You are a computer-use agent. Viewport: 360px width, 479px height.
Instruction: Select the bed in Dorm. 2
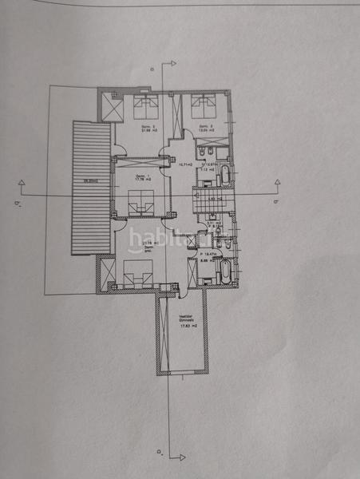click(x=203, y=104)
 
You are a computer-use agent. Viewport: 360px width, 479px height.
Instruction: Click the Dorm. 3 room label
click(x=147, y=129)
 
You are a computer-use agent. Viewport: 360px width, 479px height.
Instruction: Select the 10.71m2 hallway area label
click(x=185, y=165)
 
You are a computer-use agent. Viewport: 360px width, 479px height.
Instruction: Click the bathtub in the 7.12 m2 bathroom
click(x=225, y=174)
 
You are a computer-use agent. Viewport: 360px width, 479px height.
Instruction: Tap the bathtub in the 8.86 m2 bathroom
click(x=225, y=271)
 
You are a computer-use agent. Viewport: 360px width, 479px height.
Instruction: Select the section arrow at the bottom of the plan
click(x=180, y=457)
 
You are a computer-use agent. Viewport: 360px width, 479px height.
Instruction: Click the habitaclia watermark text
click(x=170, y=238)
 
